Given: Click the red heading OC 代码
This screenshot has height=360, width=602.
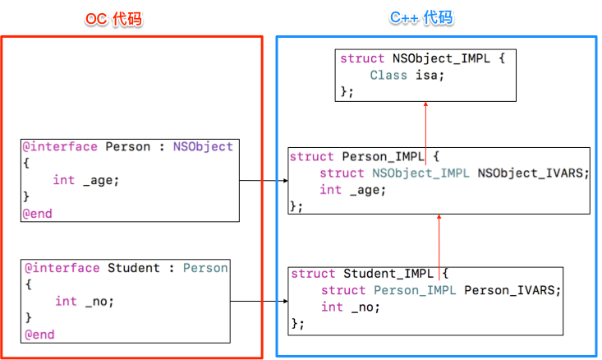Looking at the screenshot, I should point(114,19).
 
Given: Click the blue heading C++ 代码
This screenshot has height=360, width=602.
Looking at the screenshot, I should point(420,18).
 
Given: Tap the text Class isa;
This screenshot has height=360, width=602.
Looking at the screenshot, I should point(407,75).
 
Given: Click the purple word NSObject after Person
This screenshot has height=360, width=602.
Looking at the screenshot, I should point(203,147).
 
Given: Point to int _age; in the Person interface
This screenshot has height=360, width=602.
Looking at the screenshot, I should point(86,180).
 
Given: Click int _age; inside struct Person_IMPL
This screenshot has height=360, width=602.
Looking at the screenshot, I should point(352,190).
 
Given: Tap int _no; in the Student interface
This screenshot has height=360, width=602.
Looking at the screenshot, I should point(85,301).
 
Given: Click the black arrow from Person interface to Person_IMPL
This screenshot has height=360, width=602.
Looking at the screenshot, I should point(262,180).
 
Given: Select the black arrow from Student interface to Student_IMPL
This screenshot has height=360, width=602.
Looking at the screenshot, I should point(259,301).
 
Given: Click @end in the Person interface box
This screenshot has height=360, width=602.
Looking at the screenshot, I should point(38,213).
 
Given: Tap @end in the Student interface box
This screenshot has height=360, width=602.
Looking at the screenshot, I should point(39,335).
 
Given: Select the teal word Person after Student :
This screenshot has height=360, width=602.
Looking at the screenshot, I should point(205,268).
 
